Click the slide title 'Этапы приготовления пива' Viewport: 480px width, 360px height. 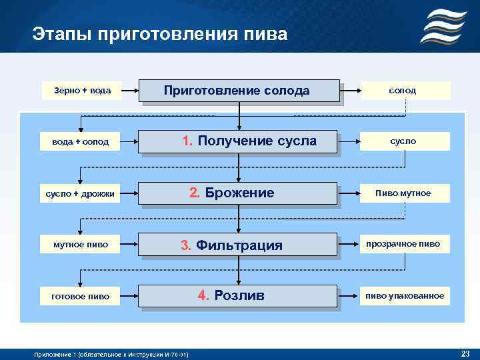pos(159,34)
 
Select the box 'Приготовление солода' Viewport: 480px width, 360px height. pos(239,91)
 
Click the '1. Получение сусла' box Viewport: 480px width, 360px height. pos(239,141)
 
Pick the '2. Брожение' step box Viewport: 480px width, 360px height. pos(239,193)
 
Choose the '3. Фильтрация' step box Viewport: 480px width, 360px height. pos(239,245)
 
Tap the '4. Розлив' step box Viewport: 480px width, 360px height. pos(239,295)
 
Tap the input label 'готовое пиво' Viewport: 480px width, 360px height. pos(81,296)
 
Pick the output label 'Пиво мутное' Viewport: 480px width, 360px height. pos(403,193)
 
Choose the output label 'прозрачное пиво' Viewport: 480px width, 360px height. pos(403,244)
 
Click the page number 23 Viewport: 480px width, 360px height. pos(465,353)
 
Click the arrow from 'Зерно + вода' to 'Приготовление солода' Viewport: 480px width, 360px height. pos(131,90)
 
